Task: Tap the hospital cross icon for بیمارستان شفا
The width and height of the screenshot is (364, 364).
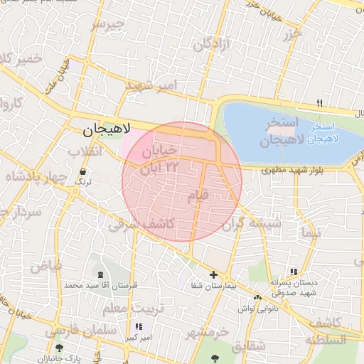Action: point(213,274)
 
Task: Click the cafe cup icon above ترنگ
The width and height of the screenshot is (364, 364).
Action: point(83,172)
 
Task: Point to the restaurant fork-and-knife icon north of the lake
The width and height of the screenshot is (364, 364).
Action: point(319,103)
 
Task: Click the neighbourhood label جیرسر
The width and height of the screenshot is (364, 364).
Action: point(107,25)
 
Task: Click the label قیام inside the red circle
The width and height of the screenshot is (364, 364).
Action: point(199,194)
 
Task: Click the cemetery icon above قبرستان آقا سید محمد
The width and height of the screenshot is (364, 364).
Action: point(99,274)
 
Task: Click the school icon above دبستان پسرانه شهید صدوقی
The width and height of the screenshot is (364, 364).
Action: point(294,272)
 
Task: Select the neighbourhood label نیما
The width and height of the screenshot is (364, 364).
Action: point(311,232)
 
